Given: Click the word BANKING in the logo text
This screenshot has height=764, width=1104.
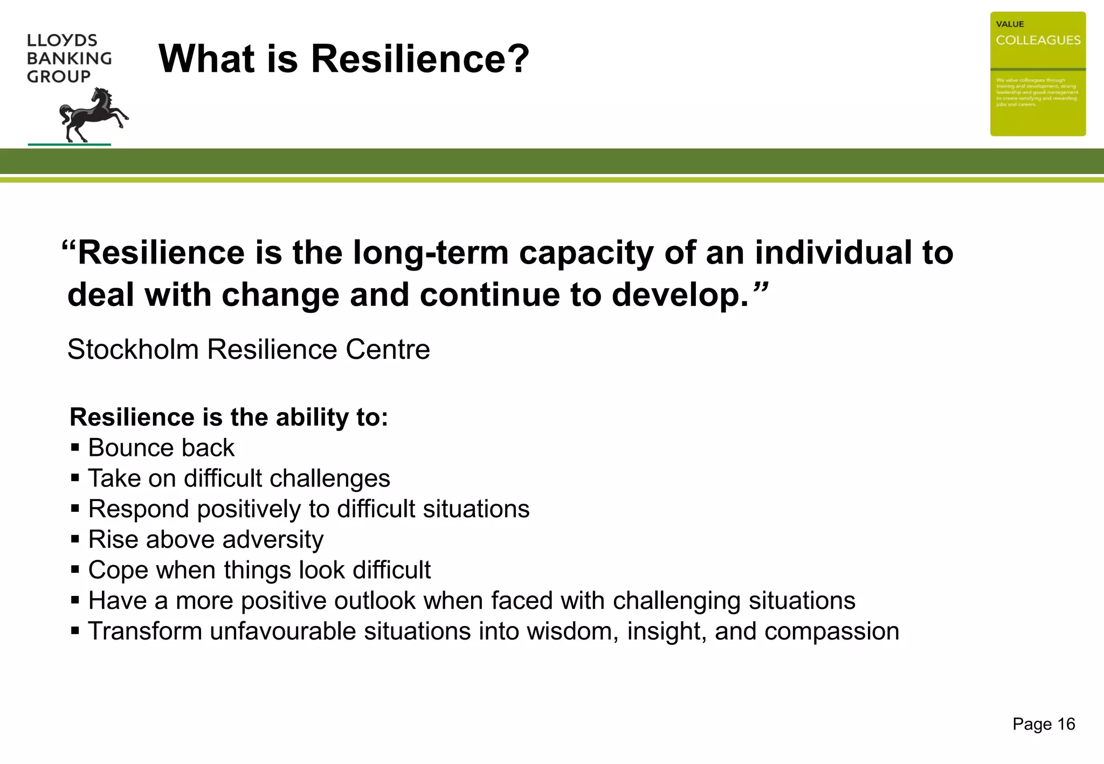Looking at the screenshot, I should pos(69,58).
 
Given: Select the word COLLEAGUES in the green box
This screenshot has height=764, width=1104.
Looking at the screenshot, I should pos(1038,40).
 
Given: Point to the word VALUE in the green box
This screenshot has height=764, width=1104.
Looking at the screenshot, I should pos(1010,24).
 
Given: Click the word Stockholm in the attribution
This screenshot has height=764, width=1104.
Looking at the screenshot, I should pos(133,349).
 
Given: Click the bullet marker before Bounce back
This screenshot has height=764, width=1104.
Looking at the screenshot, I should pos(75,447).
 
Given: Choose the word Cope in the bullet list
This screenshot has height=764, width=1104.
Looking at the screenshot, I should pos(118,570).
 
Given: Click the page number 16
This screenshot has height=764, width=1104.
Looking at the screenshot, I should pos(1066,724).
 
